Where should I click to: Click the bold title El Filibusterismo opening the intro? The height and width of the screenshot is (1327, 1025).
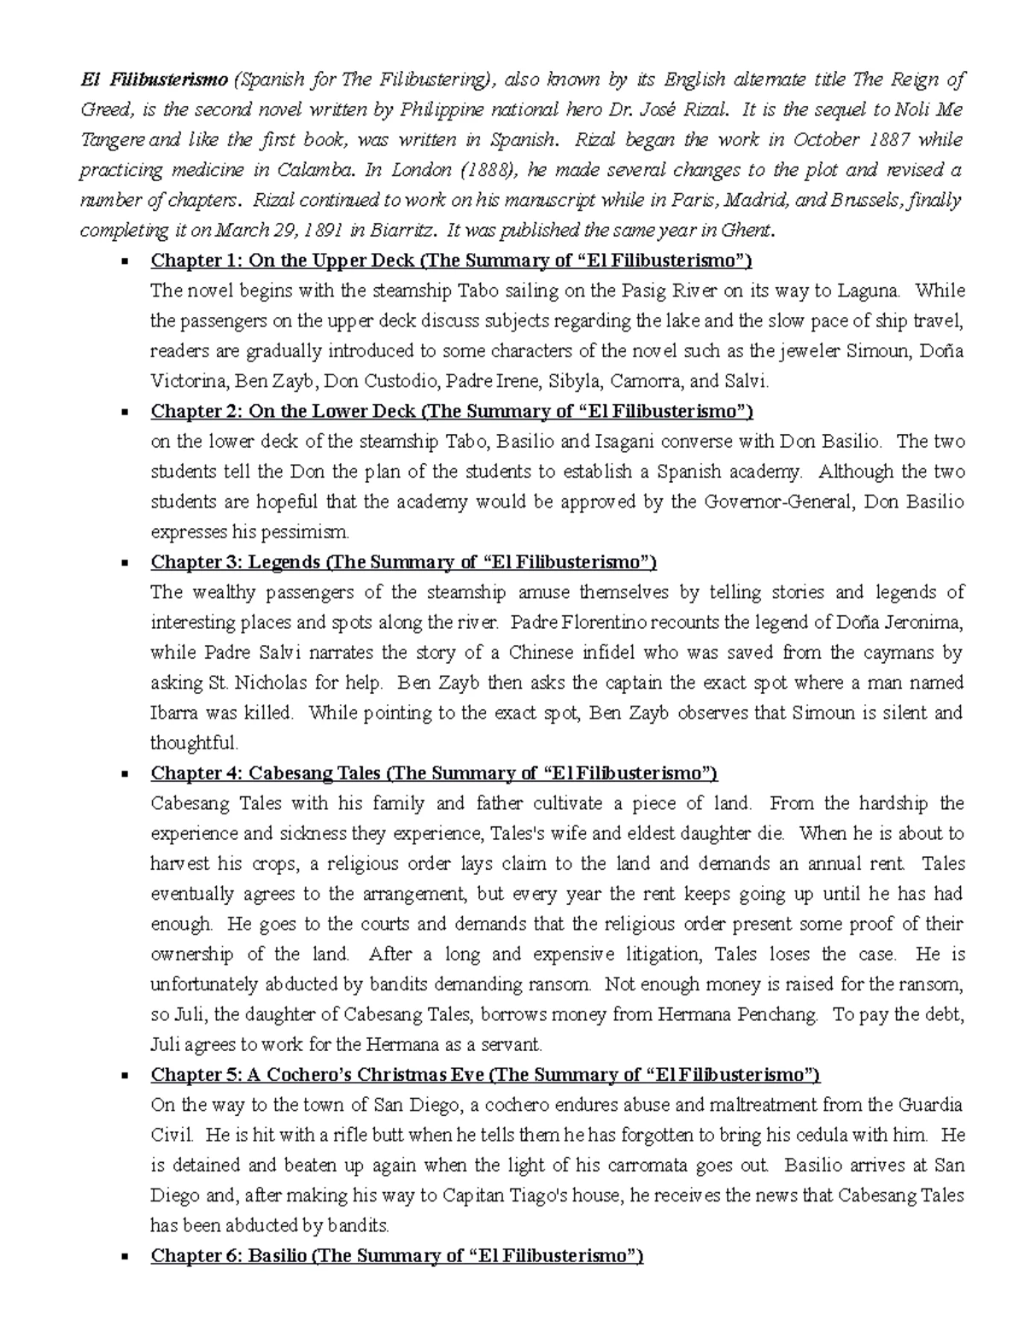154,80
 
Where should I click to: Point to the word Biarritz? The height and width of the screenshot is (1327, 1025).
403,231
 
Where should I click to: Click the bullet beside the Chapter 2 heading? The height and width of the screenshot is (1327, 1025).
126,412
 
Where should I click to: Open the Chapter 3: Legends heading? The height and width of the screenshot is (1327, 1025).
403,562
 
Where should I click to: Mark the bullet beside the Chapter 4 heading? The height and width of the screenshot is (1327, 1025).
126,774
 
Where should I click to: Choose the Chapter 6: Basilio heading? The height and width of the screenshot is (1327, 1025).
396,1256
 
